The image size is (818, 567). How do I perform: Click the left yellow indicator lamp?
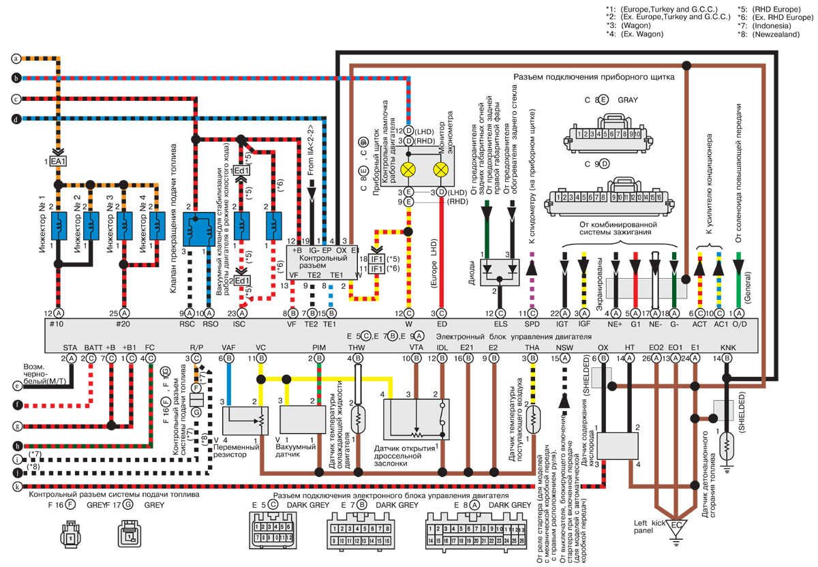(x=409, y=170)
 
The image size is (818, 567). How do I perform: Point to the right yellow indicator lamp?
(x=441, y=170)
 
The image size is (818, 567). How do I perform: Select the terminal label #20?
(x=124, y=324)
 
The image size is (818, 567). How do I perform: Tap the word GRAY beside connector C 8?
(x=628, y=100)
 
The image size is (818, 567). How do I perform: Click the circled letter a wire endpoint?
(x=16, y=59)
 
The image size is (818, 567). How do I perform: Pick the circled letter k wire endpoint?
(x=16, y=486)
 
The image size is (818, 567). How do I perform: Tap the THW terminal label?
(x=354, y=347)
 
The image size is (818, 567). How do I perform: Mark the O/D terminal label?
(x=738, y=324)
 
